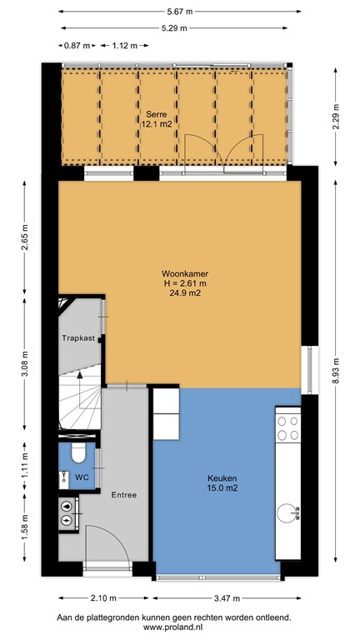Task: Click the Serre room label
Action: pyautogui.click(x=153, y=113)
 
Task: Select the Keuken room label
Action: pyautogui.click(x=222, y=478)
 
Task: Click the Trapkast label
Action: pyautogui.click(x=78, y=338)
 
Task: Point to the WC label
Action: pyautogui.click(x=82, y=477)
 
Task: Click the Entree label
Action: pyautogui.click(x=123, y=495)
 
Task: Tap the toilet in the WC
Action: pyautogui.click(x=77, y=452)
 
